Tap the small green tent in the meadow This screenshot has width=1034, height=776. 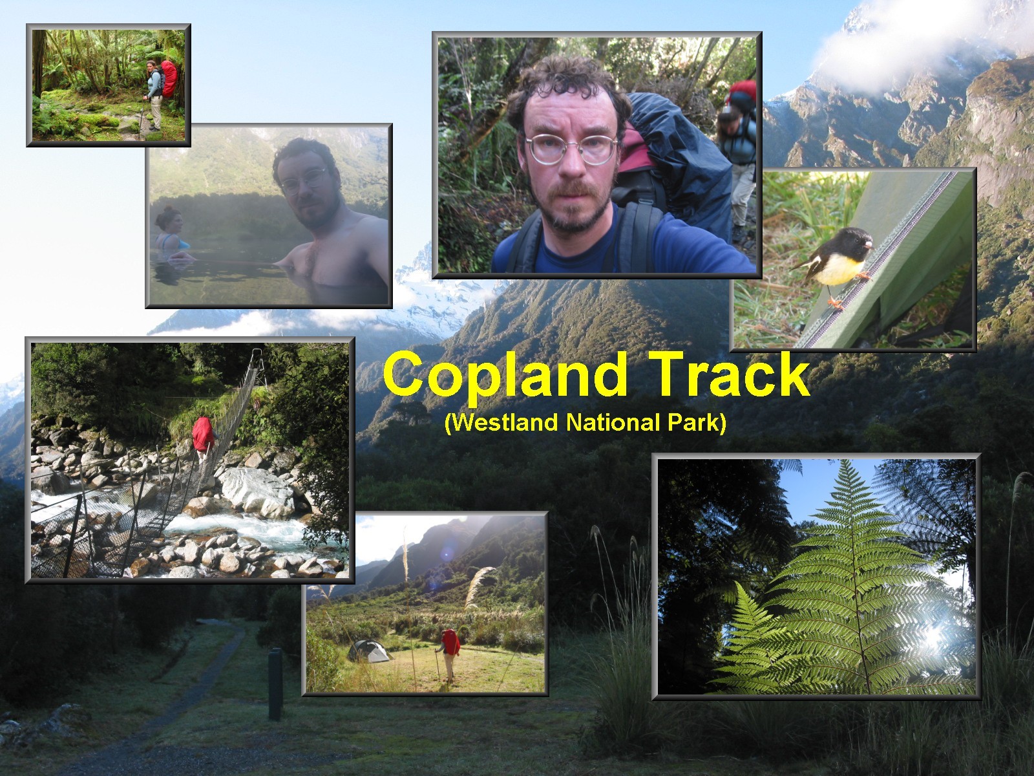tap(369, 651)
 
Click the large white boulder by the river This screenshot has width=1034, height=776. tap(257, 491)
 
